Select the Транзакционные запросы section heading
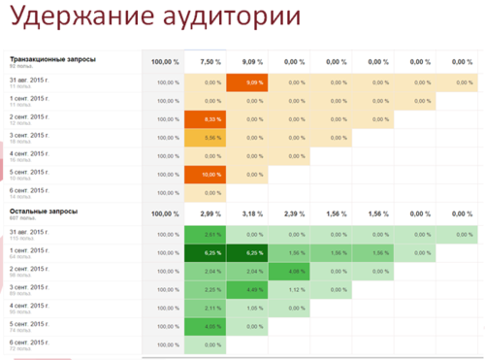click(x=52, y=59)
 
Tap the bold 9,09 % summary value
click(x=248, y=61)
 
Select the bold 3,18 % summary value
click(x=248, y=213)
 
